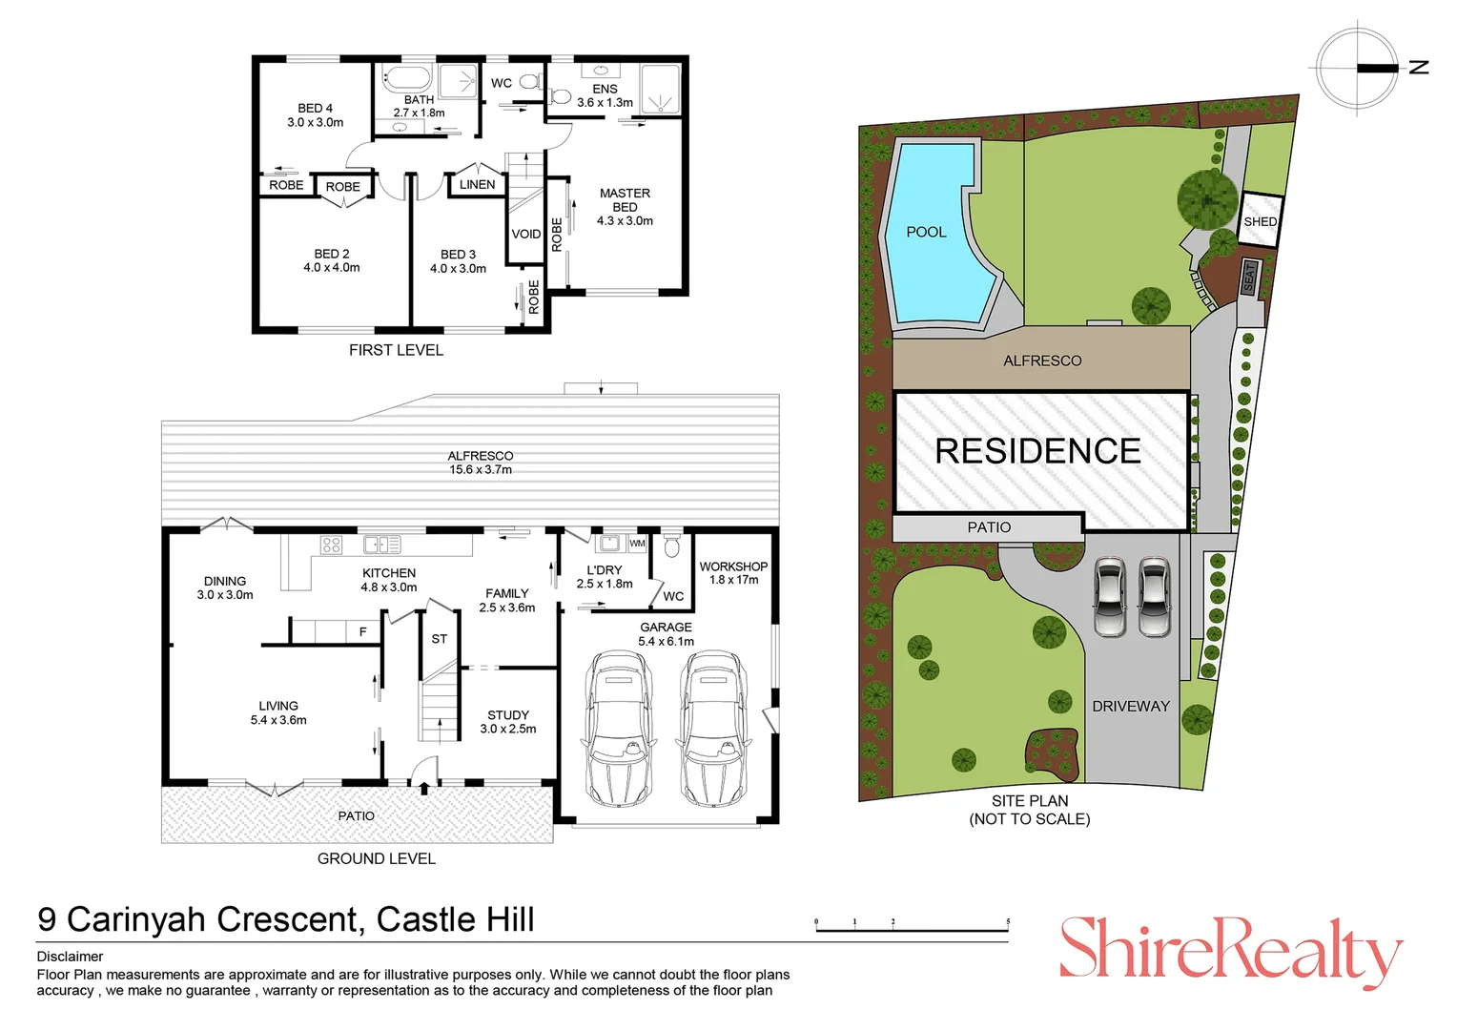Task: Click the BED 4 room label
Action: [x=315, y=115]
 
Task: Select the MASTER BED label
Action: [x=625, y=207]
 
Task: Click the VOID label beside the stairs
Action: [x=526, y=234]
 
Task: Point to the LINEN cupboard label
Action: [x=477, y=185]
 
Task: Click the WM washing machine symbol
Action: [x=637, y=544]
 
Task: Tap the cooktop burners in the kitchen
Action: [x=331, y=546]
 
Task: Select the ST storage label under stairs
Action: [x=439, y=639]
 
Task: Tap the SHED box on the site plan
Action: [x=1260, y=220]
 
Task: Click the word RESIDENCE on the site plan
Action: [x=1037, y=451]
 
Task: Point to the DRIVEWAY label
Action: [x=1130, y=707]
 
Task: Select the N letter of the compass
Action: [x=1419, y=68]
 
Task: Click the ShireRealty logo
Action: [x=1230, y=950]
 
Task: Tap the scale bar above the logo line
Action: [x=912, y=928]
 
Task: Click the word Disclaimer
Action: [x=70, y=957]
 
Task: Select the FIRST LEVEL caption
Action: [x=396, y=350]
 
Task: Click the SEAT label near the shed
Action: [x=1248, y=277]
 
